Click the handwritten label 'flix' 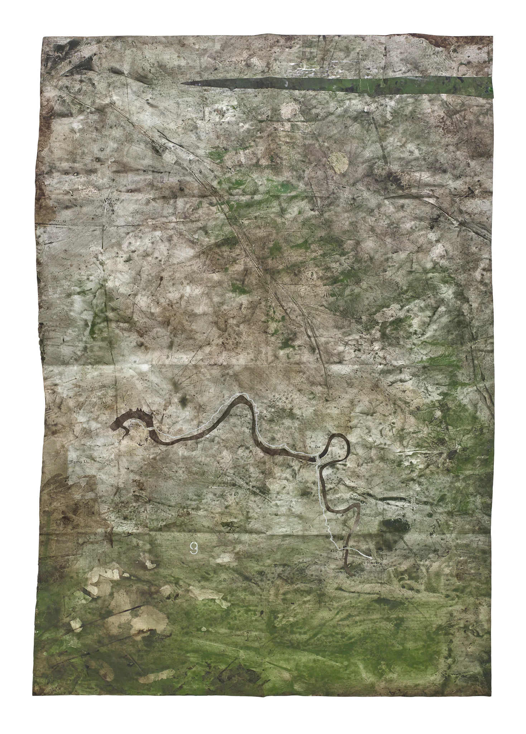click(315, 447)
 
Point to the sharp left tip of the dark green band click(183, 84)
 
